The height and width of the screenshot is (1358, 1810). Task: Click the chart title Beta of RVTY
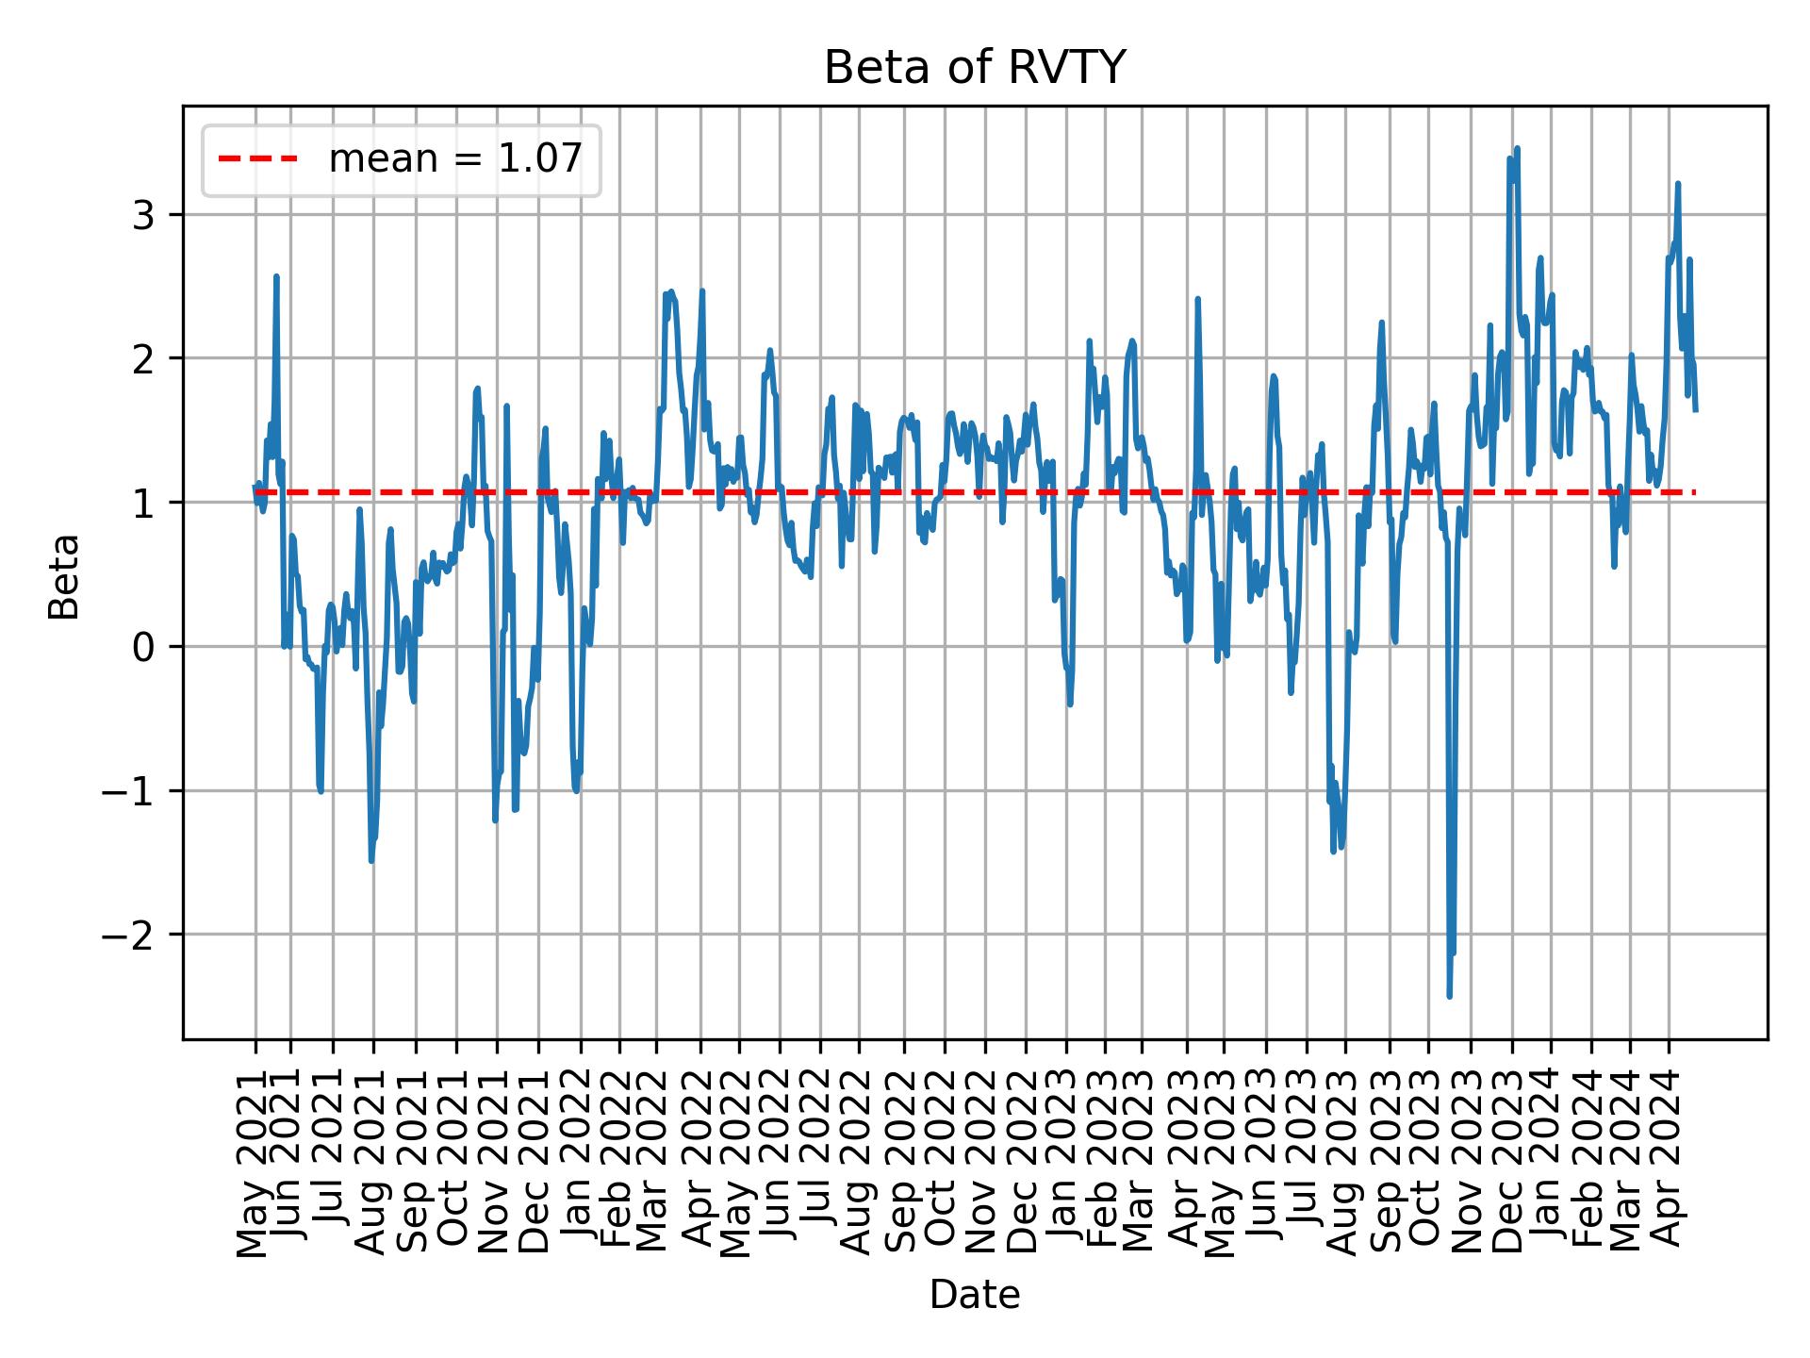974,68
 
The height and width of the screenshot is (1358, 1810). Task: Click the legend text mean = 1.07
454,159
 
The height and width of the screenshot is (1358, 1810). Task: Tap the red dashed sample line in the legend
258,159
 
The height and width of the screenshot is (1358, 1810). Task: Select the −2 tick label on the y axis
134,935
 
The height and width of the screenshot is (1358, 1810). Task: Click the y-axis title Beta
64,575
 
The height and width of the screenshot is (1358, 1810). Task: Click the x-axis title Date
974,1295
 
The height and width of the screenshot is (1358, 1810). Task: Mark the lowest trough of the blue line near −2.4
1449,995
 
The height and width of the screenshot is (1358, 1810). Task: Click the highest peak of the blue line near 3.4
1517,148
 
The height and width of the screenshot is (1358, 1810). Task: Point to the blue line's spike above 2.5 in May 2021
276,276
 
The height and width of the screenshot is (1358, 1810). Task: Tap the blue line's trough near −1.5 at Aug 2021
371,860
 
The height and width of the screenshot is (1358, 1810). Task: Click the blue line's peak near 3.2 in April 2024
1678,184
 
